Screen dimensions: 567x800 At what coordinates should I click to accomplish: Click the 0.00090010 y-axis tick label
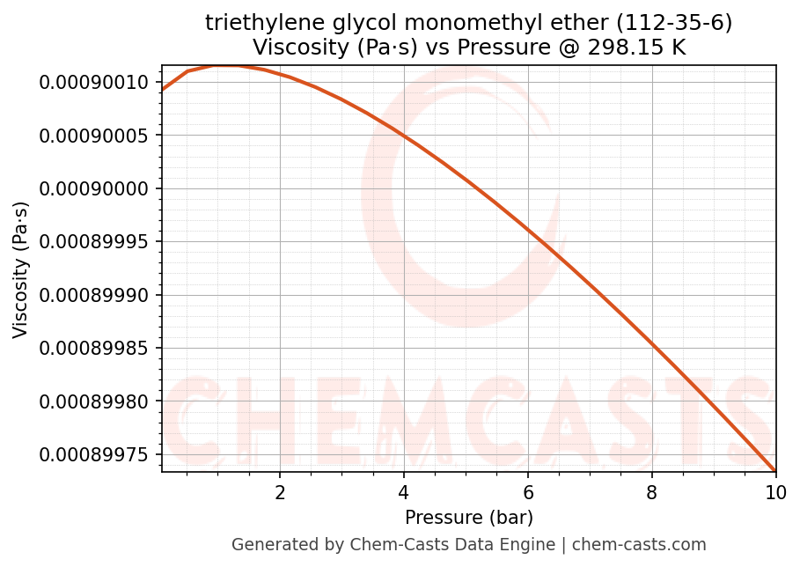point(94,83)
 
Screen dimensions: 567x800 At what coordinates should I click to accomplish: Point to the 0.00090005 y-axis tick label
point(94,136)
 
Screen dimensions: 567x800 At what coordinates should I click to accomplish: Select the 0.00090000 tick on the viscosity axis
point(94,188)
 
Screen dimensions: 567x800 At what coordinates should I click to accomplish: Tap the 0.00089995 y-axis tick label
point(94,242)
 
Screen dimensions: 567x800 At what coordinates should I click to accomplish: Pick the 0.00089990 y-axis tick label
point(94,295)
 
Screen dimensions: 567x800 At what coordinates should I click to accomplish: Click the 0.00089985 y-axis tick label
point(94,348)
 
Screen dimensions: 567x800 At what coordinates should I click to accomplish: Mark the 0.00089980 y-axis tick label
point(94,401)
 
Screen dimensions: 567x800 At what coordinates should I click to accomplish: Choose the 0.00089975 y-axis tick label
point(94,454)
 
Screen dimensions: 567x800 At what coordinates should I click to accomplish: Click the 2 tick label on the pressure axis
point(280,492)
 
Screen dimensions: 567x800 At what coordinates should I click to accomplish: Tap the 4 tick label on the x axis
point(404,492)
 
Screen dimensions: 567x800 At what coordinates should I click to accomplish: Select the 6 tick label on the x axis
point(528,492)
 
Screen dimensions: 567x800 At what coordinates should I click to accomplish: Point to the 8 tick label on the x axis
point(652,492)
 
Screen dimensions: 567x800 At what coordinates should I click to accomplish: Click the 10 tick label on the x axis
point(775,492)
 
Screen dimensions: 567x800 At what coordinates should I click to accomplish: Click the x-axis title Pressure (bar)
point(469,517)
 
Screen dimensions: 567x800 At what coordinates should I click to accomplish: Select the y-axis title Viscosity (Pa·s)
point(21,269)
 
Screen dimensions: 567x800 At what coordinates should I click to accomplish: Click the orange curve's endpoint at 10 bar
point(775,470)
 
